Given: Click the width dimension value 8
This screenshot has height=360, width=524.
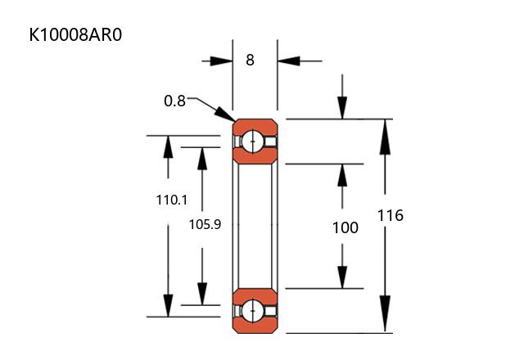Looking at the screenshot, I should pos(250,60).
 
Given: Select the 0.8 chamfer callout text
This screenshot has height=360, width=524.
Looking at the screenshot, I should pos(174,101).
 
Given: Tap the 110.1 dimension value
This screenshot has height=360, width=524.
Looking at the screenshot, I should pos(171,199).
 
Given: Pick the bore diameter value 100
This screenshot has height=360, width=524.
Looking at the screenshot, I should pos(345,227).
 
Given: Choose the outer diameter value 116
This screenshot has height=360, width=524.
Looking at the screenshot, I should pos(391,216).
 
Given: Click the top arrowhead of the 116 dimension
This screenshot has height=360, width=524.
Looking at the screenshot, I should pos(384,130).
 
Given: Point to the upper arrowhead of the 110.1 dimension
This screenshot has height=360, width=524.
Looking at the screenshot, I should pos(169,146).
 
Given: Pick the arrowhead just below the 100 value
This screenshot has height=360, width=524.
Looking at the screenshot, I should pos(343,277).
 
